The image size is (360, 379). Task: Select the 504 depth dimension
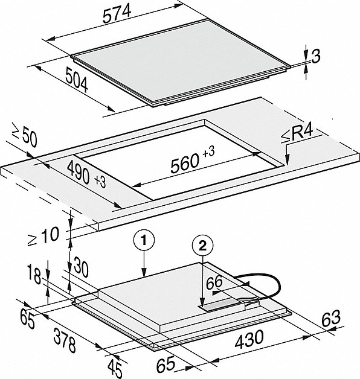77,80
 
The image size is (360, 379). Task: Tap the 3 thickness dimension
315,57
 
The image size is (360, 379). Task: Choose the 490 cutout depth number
79,172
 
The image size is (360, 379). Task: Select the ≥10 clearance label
43,237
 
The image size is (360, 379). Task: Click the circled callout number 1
144,241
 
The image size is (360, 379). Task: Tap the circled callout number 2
202,246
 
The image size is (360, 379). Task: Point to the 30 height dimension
80,267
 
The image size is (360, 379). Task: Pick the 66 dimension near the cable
214,282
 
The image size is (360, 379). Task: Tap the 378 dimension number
65,340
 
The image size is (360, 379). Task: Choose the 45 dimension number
115,368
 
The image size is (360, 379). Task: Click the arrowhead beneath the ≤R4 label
287,161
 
